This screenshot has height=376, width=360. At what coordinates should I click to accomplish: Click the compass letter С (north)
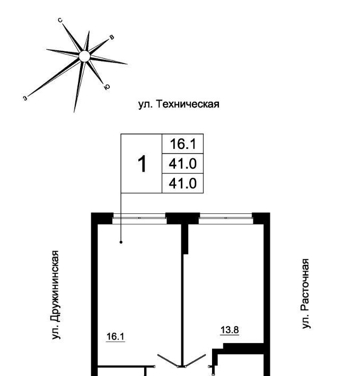click(x=61, y=21)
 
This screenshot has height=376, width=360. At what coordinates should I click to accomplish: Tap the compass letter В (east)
click(x=111, y=38)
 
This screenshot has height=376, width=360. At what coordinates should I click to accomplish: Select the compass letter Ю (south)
click(x=107, y=87)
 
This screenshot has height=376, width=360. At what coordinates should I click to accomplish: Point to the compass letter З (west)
click(x=25, y=98)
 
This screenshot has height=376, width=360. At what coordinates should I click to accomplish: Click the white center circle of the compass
click(x=83, y=56)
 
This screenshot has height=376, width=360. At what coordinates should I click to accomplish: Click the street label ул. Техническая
click(x=179, y=104)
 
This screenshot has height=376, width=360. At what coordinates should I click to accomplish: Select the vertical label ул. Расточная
click(x=305, y=293)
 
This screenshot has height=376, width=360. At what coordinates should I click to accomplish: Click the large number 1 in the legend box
click(x=142, y=164)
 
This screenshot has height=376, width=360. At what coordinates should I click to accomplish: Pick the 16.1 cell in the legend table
click(x=182, y=144)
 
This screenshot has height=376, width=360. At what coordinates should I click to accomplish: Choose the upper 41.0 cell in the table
click(x=182, y=164)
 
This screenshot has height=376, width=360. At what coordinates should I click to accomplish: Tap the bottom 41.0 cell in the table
click(x=182, y=183)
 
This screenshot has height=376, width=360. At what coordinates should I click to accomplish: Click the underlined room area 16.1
click(x=115, y=335)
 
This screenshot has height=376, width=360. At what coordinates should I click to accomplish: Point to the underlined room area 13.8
click(x=230, y=330)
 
